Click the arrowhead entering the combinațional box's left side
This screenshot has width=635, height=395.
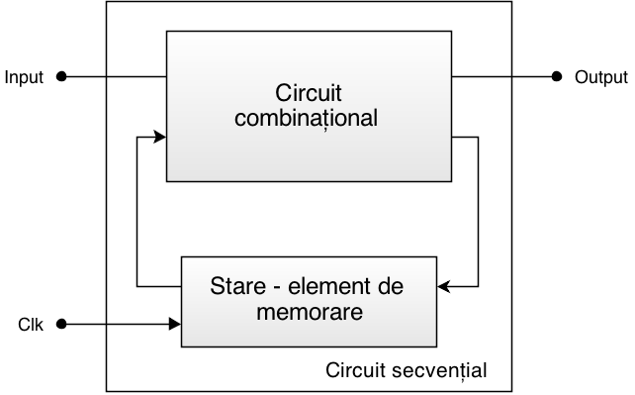pos(159,138)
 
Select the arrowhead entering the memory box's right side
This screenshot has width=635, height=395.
pos(444,287)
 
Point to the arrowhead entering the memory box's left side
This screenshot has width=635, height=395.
pos(175,323)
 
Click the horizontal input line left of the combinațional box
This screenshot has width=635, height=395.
pos(136,76)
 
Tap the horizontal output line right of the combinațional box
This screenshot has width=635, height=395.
pos(483,76)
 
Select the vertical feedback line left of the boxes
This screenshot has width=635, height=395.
pos(136,213)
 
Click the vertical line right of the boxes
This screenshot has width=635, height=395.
pos(479,213)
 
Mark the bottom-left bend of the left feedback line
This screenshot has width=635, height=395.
pos(136,287)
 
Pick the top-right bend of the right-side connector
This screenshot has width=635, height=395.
pos(479,138)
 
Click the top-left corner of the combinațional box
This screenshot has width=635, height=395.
pos(166,31)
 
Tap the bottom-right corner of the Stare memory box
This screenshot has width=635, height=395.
pos(436,346)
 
